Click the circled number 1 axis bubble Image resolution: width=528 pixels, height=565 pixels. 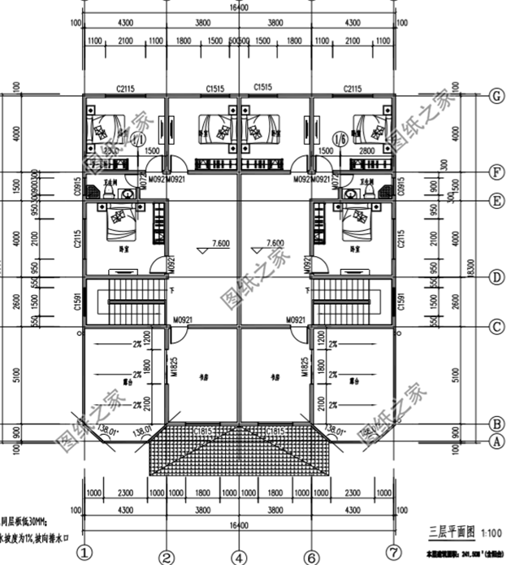pos(86,554)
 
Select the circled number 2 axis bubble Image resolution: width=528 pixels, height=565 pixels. pos(167,557)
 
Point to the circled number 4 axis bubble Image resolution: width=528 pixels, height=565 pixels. pos(238,557)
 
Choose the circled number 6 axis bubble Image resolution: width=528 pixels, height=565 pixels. pos(310,557)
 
